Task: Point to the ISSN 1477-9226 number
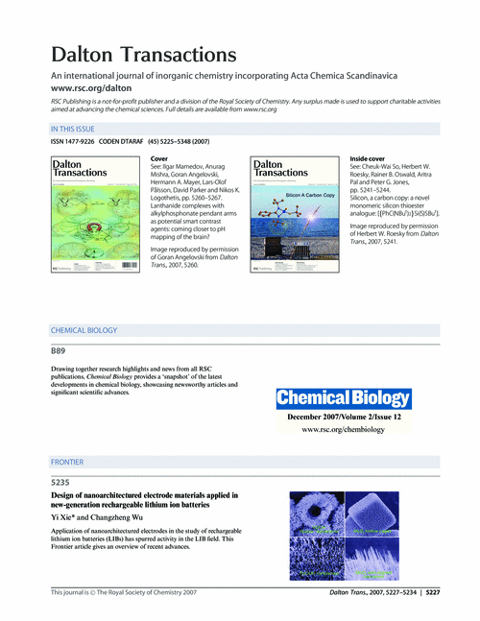pos(72,142)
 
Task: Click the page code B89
pos(60,351)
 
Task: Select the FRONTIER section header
pos(67,462)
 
